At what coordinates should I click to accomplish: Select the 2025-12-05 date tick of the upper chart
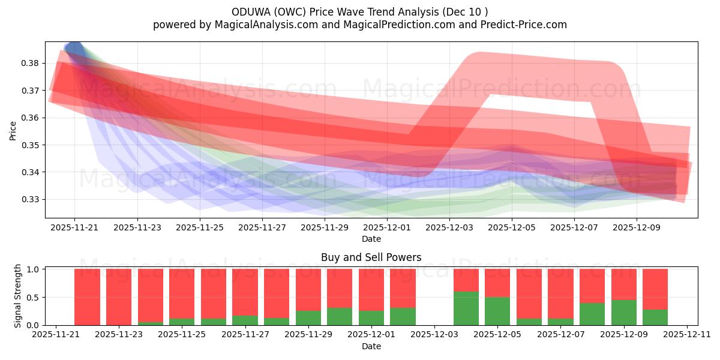point(512,227)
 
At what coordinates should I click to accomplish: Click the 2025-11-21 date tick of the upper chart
point(74,227)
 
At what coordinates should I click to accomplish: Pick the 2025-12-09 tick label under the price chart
point(637,227)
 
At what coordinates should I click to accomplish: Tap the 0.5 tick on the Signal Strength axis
point(34,297)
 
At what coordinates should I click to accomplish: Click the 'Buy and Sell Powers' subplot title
point(371,257)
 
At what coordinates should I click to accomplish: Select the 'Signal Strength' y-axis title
point(18,296)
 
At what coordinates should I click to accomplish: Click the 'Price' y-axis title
point(13,130)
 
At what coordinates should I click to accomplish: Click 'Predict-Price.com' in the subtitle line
point(525,25)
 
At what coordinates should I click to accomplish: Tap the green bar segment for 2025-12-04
point(466,308)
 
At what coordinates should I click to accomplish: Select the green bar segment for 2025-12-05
point(497,311)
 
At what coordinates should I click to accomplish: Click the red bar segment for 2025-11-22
point(87,296)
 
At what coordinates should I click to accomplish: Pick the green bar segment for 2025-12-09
point(623,313)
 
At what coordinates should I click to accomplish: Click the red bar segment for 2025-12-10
point(655,289)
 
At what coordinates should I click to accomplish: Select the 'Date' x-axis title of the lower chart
point(371,346)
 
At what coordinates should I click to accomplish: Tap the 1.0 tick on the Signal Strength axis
point(34,269)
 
